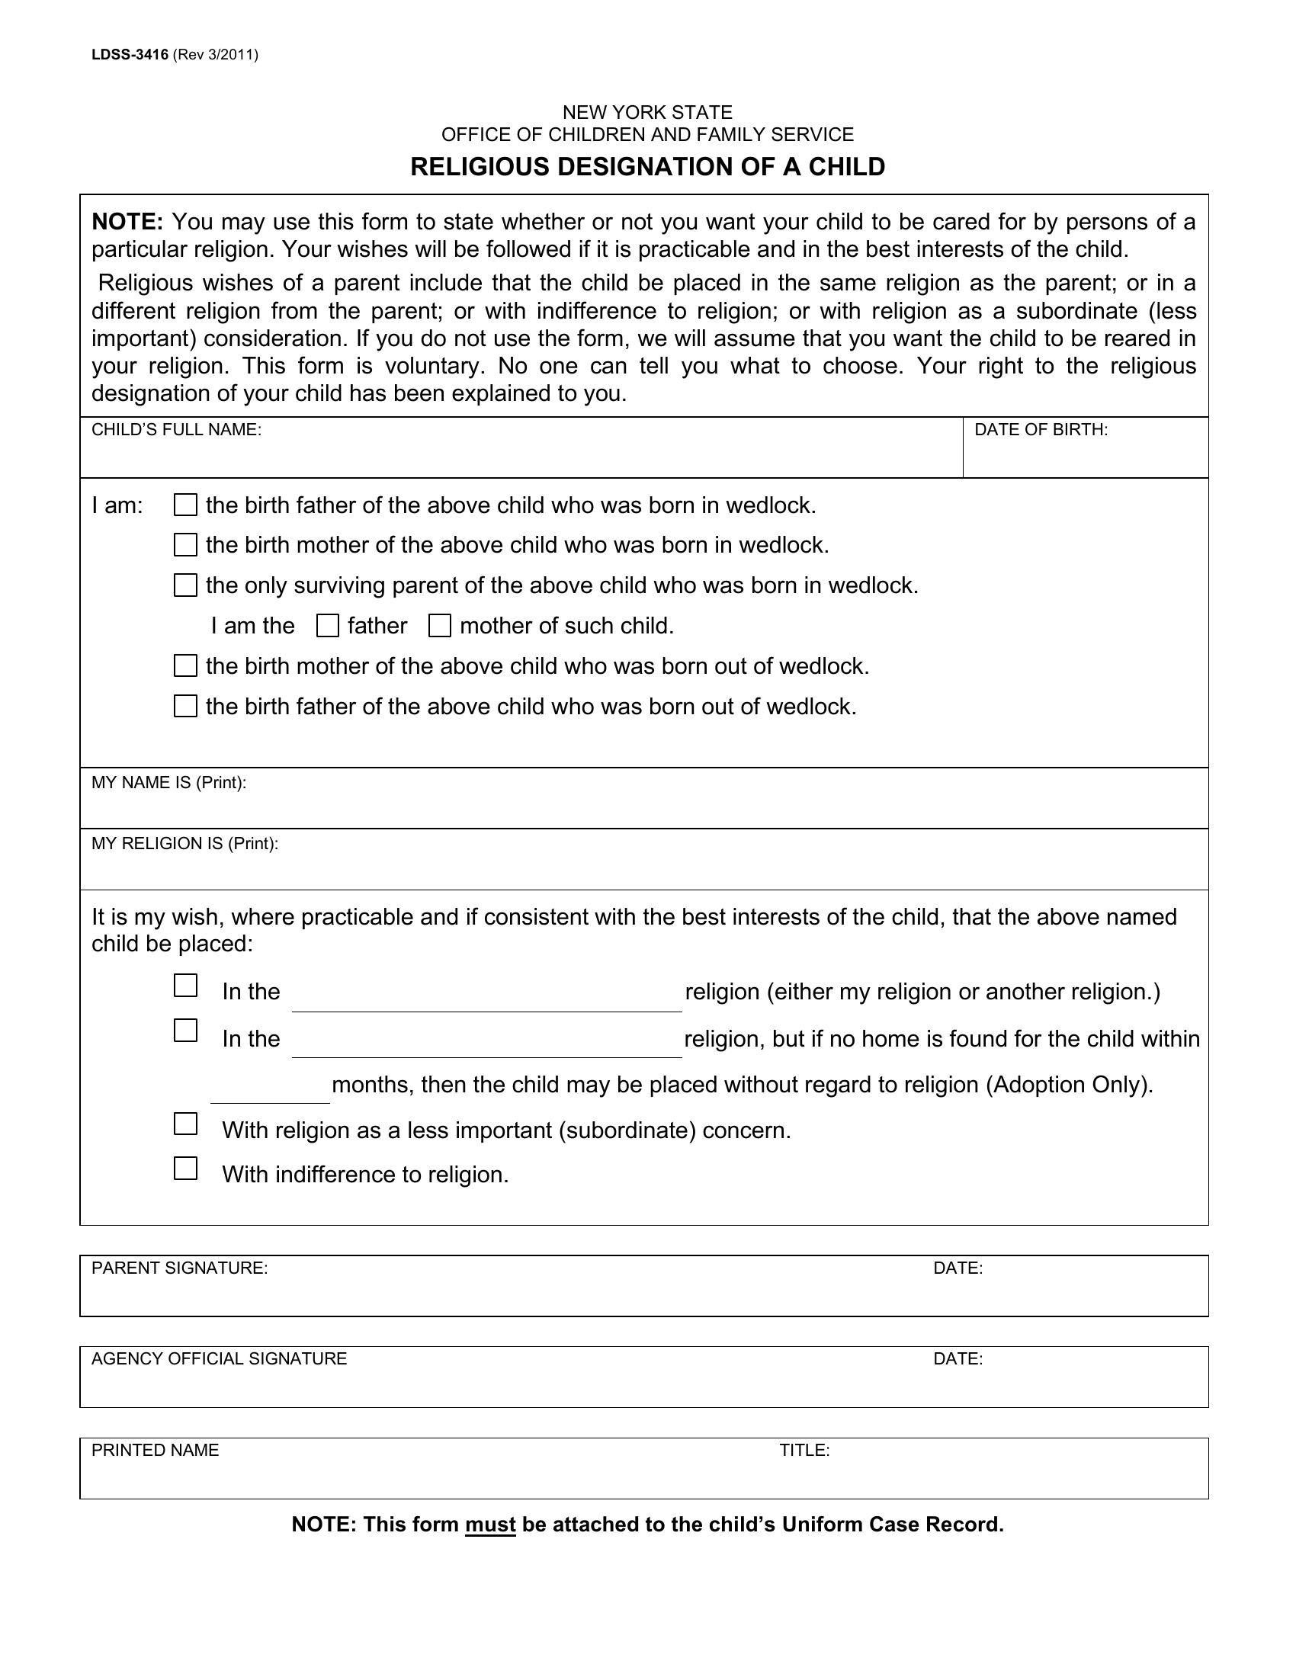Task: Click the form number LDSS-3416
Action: pyautogui.click(x=129, y=55)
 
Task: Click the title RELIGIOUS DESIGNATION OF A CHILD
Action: pyautogui.click(x=647, y=167)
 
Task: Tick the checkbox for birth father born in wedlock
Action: pyautogui.click(x=185, y=505)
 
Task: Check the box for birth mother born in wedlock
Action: pyautogui.click(x=185, y=545)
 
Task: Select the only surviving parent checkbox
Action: pyautogui.click(x=185, y=585)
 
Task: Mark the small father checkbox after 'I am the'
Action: pyautogui.click(x=328, y=626)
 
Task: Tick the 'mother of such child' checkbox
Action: pyautogui.click(x=439, y=626)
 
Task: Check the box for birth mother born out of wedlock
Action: pyautogui.click(x=185, y=665)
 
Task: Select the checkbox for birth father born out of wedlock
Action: pyautogui.click(x=185, y=706)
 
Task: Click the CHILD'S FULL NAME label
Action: pyautogui.click(x=177, y=430)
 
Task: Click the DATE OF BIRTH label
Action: pyautogui.click(x=1041, y=430)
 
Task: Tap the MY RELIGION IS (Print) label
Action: pyautogui.click(x=184, y=844)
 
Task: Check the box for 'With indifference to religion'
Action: pyautogui.click(x=185, y=1169)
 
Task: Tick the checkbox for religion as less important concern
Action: pyautogui.click(x=185, y=1124)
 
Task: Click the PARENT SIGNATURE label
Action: pyautogui.click(x=180, y=1268)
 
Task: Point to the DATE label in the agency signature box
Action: pyautogui.click(x=958, y=1359)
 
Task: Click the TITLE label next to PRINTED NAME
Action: pyautogui.click(x=804, y=1451)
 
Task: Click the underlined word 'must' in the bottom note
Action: pyautogui.click(x=490, y=1525)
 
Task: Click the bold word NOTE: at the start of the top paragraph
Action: pyautogui.click(x=127, y=222)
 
